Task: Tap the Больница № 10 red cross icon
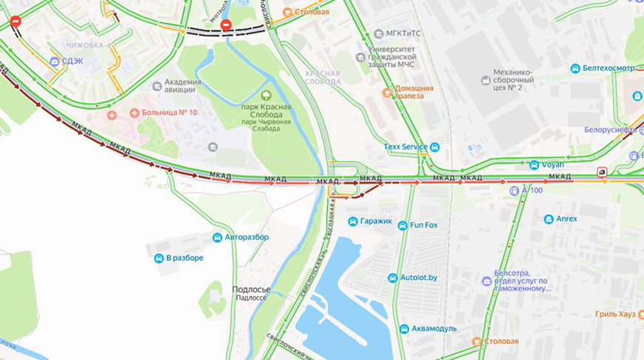112,115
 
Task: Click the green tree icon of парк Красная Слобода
265,94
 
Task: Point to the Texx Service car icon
435,147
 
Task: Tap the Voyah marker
534,164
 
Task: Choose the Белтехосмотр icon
574,69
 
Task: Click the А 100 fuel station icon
514,190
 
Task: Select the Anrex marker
549,219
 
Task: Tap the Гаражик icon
353,221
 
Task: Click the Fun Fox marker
402,225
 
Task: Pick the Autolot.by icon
393,278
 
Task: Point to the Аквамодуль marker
404,329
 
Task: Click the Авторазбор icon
218,237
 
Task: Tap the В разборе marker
158,258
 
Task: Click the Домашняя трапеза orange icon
386,93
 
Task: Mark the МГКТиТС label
400,33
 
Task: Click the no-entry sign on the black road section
227,25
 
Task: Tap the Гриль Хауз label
614,315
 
